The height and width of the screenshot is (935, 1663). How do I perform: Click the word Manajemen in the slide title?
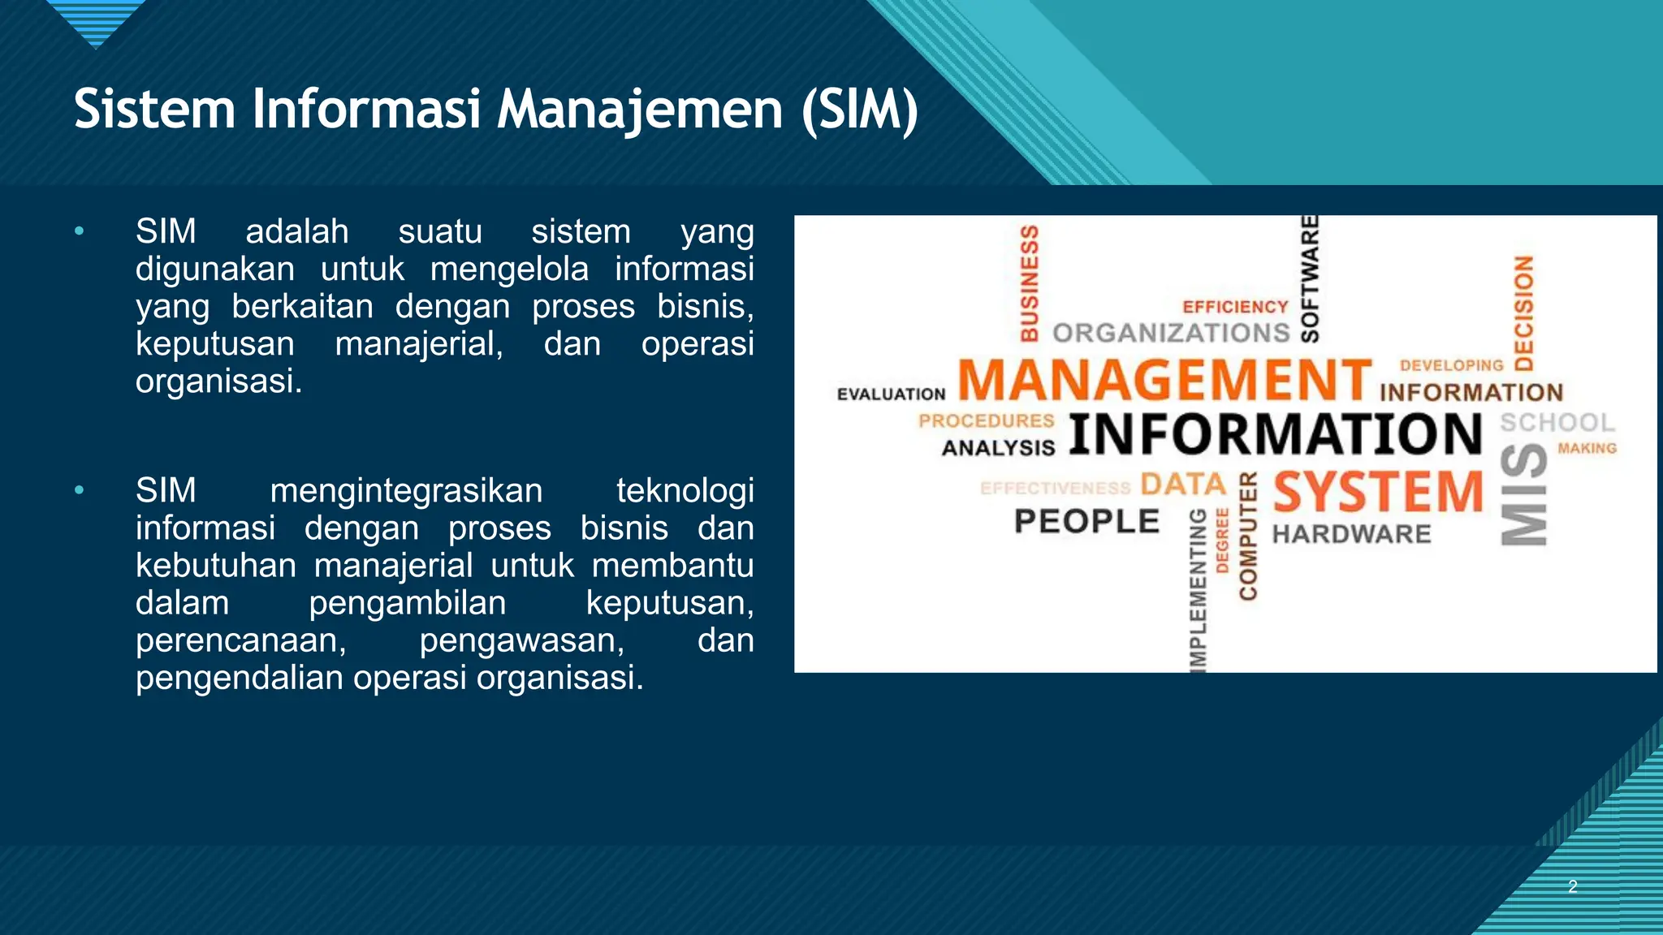(x=639, y=110)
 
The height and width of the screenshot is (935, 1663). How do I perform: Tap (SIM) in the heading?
(x=859, y=110)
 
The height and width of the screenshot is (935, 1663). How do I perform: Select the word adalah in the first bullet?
(x=297, y=231)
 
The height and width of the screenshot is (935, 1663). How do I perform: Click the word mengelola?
(x=509, y=269)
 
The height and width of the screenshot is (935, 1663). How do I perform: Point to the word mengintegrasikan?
(x=406, y=490)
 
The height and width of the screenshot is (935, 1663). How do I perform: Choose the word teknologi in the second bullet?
(x=685, y=490)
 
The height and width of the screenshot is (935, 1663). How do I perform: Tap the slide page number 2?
(x=1573, y=886)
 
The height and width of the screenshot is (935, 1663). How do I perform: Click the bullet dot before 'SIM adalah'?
(x=79, y=231)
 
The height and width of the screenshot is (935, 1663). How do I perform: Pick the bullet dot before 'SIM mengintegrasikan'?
(x=79, y=490)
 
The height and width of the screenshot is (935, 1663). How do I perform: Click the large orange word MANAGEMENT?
(x=1164, y=380)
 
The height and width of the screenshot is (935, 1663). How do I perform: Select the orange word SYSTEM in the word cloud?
(x=1378, y=492)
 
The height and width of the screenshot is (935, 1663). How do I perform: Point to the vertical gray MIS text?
(x=1524, y=493)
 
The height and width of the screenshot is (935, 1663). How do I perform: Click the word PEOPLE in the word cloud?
(x=1086, y=521)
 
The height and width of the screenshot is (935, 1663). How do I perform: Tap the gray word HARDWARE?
(x=1351, y=534)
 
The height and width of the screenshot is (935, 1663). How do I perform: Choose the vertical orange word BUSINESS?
(x=1030, y=282)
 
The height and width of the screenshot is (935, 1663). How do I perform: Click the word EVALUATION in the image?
(x=891, y=394)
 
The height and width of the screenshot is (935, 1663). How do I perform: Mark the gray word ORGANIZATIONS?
(x=1171, y=333)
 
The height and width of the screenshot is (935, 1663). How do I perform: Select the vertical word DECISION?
(x=1524, y=312)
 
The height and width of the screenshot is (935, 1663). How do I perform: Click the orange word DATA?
(x=1183, y=485)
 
